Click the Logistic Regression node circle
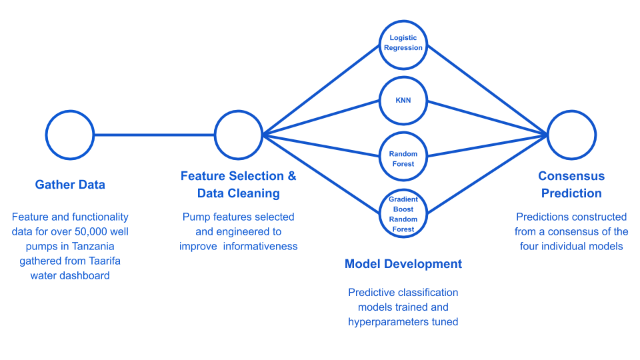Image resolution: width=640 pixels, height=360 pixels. click(x=403, y=44)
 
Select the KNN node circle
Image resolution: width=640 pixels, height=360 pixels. click(x=403, y=101)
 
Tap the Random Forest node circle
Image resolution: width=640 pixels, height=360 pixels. click(x=403, y=158)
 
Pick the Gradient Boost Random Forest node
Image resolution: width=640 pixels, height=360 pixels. click(x=403, y=213)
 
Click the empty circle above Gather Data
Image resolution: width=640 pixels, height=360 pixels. click(x=70, y=135)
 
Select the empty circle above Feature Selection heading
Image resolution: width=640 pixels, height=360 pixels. click(x=238, y=135)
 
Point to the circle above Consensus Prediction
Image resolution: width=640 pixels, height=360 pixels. click(x=571, y=135)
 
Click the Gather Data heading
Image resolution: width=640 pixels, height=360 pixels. click(x=70, y=185)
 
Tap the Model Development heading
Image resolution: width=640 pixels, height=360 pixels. click(x=403, y=264)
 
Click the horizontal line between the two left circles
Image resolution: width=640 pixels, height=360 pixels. click(x=153, y=135)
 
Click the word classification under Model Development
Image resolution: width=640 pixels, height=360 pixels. click(x=427, y=293)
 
